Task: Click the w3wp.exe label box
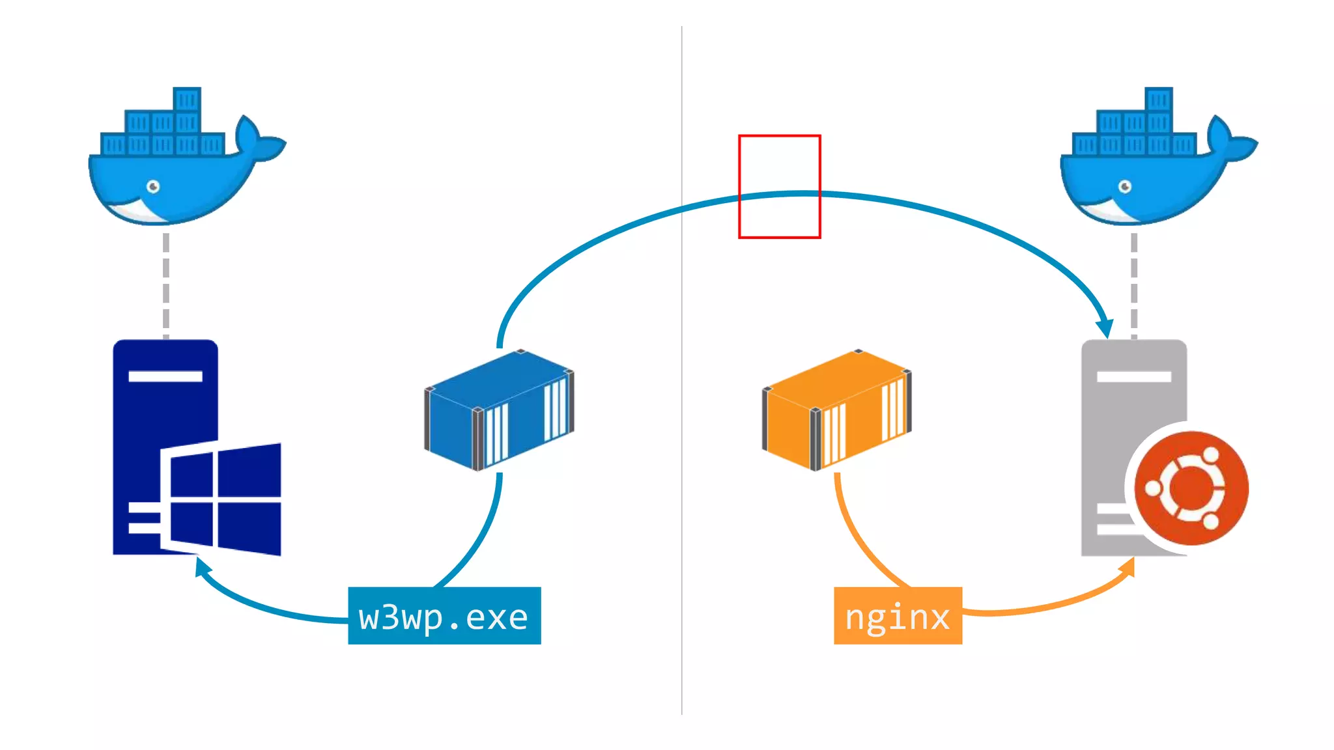[444, 616]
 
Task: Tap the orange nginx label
[898, 616]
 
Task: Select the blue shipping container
[499, 410]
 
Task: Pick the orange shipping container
[836, 410]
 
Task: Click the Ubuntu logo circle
[1191, 488]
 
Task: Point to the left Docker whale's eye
[153, 187]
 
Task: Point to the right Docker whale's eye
[1125, 187]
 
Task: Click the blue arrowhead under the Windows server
[203, 566]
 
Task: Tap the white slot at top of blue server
[165, 376]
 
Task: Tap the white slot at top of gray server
[1134, 376]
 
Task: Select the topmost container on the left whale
[187, 100]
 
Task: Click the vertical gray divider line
[682, 456]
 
